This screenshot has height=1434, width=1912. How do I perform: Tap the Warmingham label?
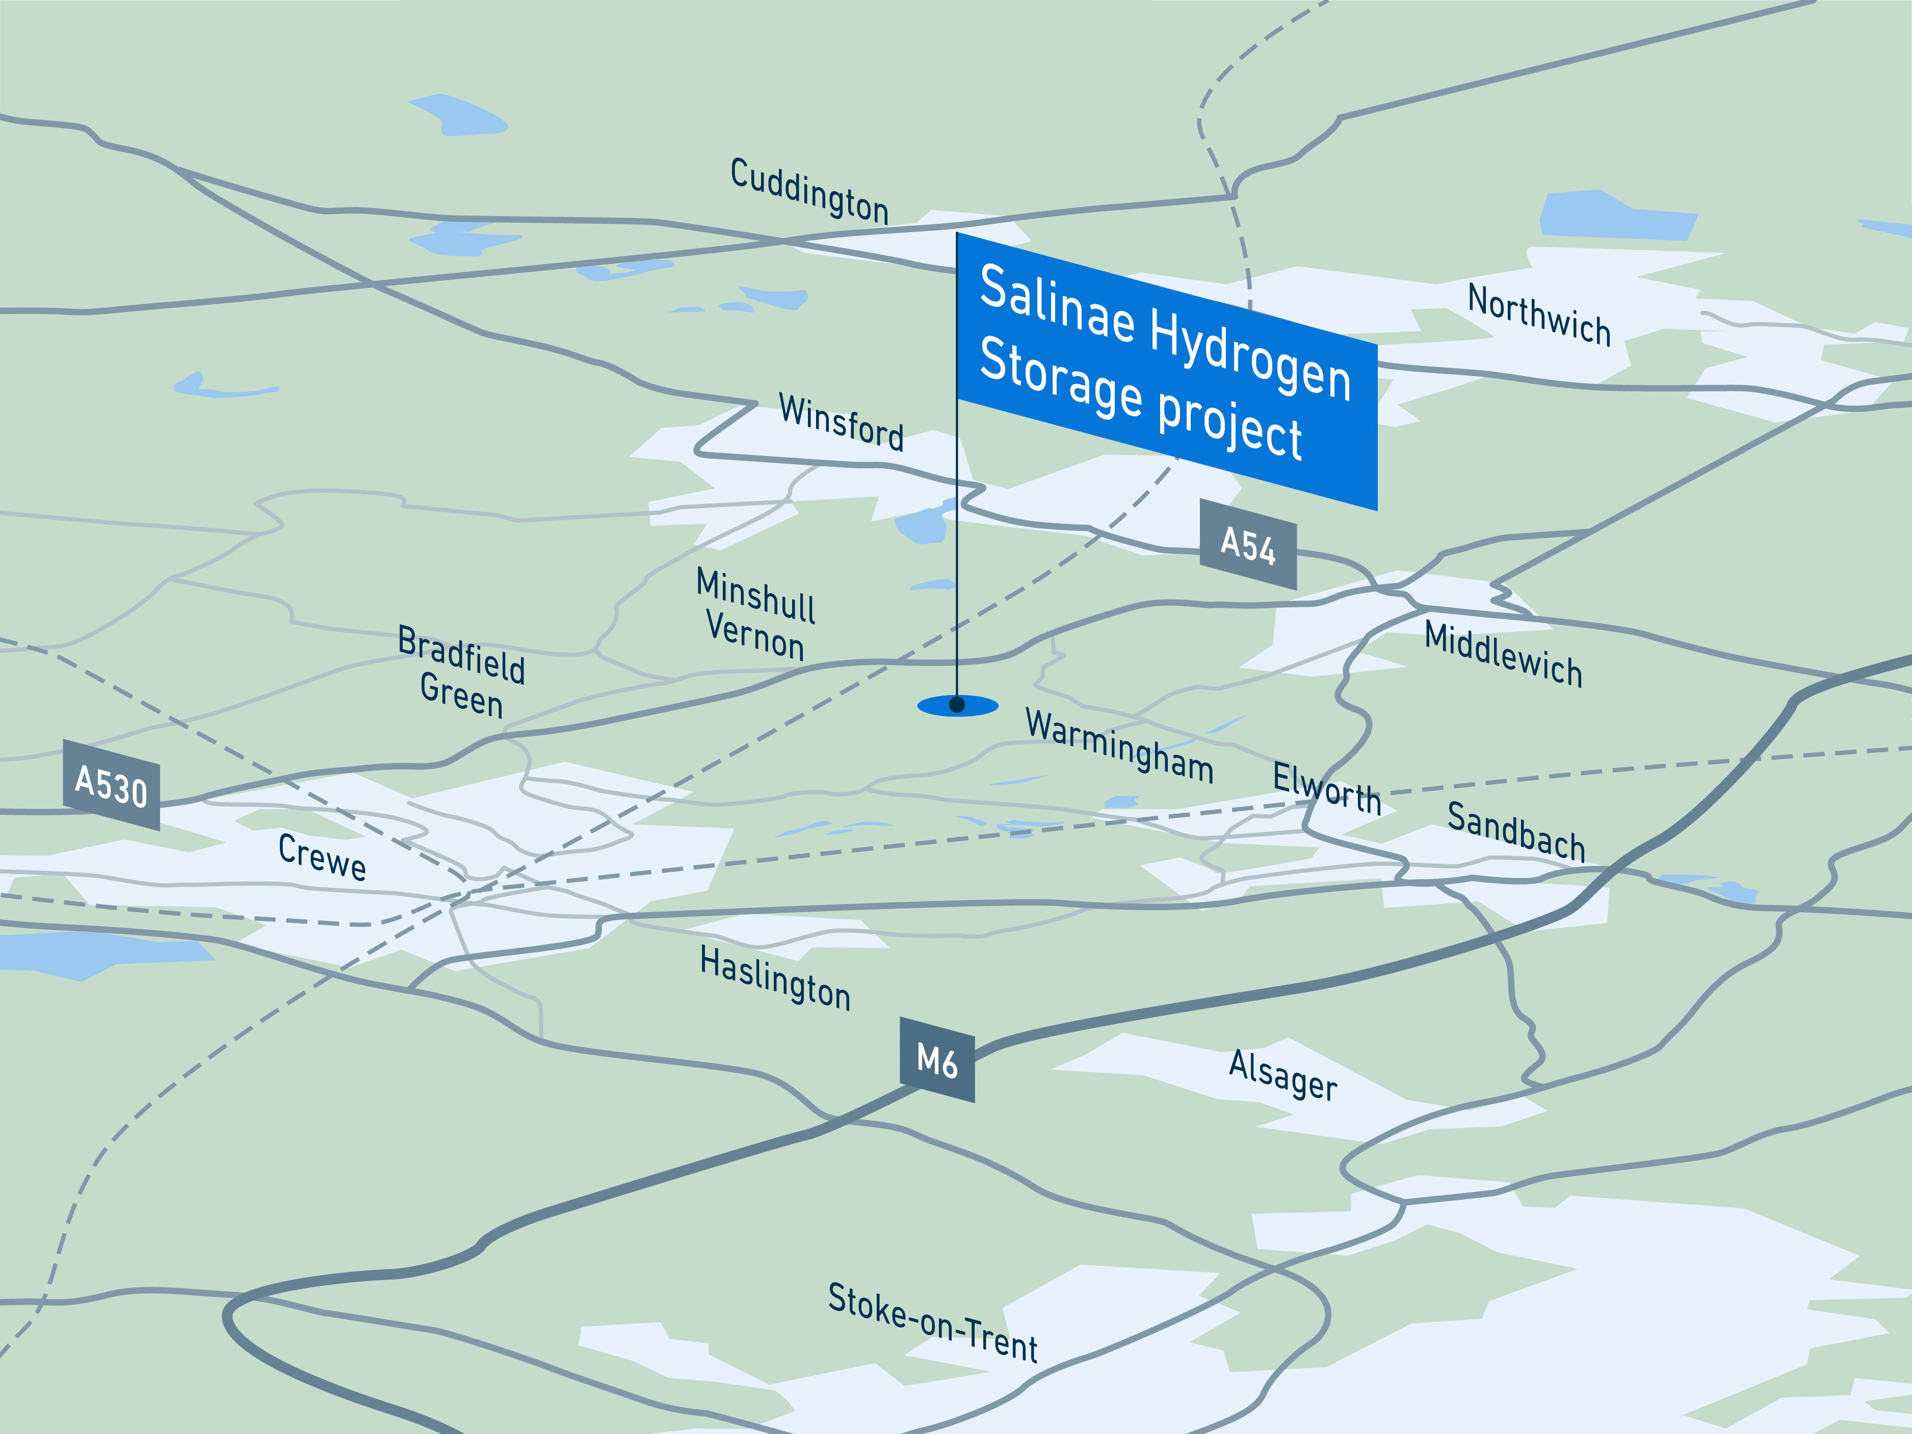point(1119,745)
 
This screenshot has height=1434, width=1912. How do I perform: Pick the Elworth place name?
point(1327,787)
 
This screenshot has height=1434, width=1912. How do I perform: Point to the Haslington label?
point(775,977)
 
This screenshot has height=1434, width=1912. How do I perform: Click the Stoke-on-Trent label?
point(933,1321)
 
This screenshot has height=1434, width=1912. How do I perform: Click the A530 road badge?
point(112,785)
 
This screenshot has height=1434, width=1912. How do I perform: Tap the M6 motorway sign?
point(937,1060)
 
